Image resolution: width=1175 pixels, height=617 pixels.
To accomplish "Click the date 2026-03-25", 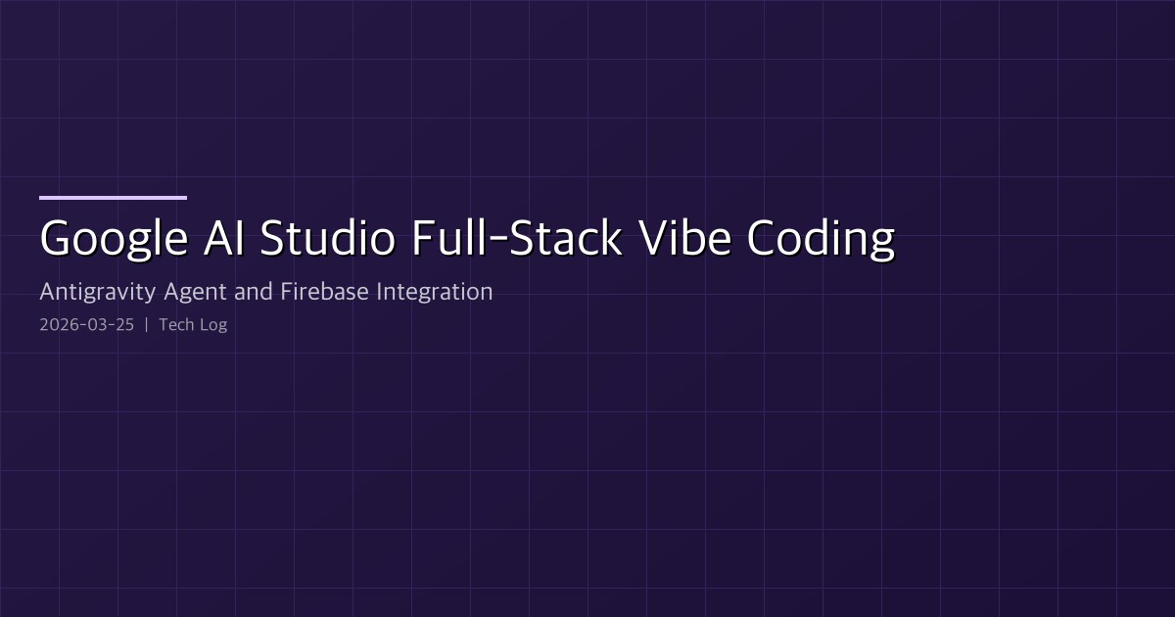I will point(86,324).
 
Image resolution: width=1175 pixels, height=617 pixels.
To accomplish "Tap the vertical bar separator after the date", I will point(146,324).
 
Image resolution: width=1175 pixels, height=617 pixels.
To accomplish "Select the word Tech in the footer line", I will point(175,324).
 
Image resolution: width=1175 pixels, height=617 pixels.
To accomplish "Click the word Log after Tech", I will point(212,325).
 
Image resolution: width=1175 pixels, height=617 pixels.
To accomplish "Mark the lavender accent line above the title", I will point(113,198).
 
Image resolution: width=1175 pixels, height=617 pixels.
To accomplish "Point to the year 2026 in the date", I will point(58,324).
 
